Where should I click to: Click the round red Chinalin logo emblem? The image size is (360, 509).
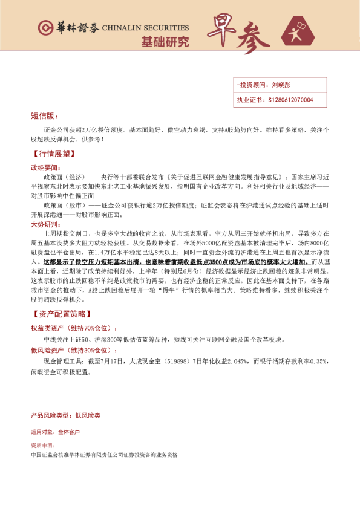coord(45,28)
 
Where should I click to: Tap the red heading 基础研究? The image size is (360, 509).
coord(165,42)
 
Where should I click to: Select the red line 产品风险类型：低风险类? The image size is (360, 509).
coord(66,416)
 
